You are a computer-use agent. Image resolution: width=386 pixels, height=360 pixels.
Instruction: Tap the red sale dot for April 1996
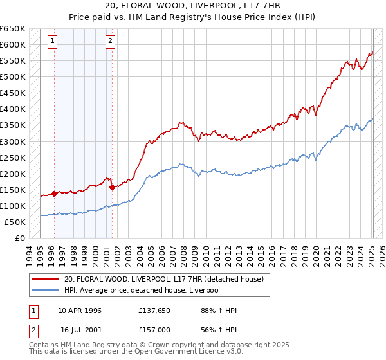click(54, 193)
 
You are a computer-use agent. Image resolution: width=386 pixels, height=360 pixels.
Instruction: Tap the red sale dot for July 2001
click(112, 187)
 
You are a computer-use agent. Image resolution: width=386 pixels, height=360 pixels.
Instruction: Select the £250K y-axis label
click(13, 157)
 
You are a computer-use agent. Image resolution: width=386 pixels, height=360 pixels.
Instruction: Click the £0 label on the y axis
click(19, 238)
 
